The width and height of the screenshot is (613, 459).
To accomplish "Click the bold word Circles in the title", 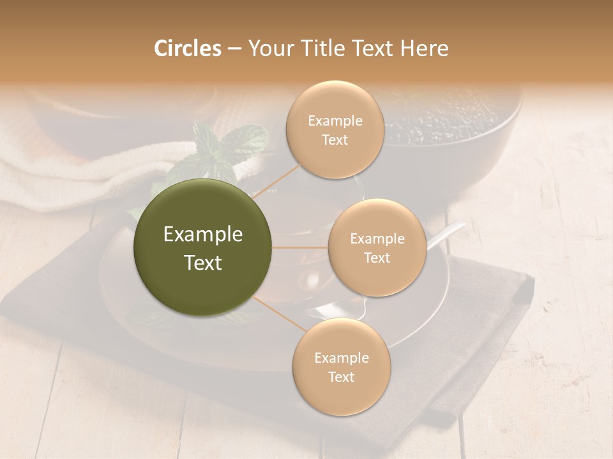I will coord(188,48).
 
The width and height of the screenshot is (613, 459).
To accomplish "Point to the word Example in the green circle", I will coord(203,235).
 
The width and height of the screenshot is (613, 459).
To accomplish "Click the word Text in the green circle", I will coord(203,263).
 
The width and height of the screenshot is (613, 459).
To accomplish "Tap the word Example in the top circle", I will coord(335,121).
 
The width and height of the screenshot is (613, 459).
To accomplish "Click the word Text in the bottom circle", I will coord(341,377).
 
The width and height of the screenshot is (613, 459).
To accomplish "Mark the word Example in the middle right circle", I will coord(377,239).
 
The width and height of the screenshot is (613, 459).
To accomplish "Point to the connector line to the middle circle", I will coord(300,247).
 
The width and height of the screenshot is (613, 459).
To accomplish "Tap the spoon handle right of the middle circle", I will coord(447,232).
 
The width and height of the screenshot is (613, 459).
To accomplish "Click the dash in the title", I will coord(234,48).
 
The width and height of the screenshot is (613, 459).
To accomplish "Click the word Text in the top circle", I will coord(335,140).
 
